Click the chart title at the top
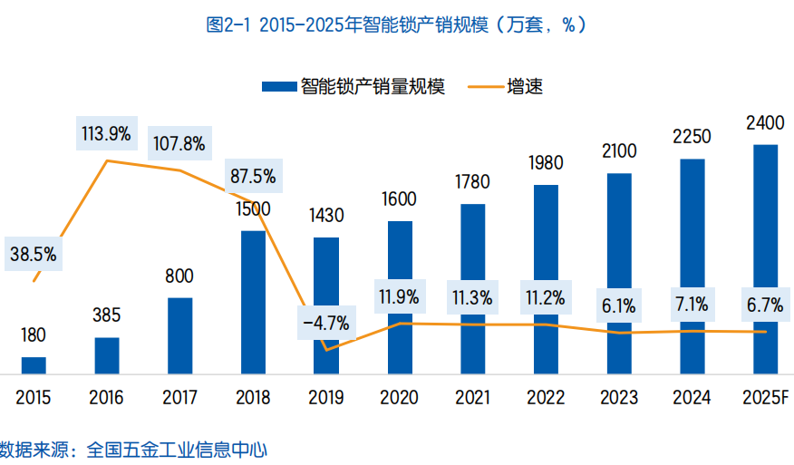point(397,25)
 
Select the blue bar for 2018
point(253,302)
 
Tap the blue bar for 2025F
point(765,258)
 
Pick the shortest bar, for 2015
point(34,364)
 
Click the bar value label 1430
point(326,216)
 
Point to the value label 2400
point(765,122)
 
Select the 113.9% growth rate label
point(106,134)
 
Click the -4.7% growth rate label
point(326,321)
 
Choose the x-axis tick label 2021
point(472,398)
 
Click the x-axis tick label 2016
point(106,398)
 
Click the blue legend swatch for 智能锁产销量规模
point(278,87)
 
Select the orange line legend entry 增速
point(508,87)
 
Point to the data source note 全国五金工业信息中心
point(178,449)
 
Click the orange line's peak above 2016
point(108,161)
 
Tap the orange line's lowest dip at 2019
point(325,349)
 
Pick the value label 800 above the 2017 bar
point(179,276)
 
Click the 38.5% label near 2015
point(34,255)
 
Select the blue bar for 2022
point(546,279)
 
